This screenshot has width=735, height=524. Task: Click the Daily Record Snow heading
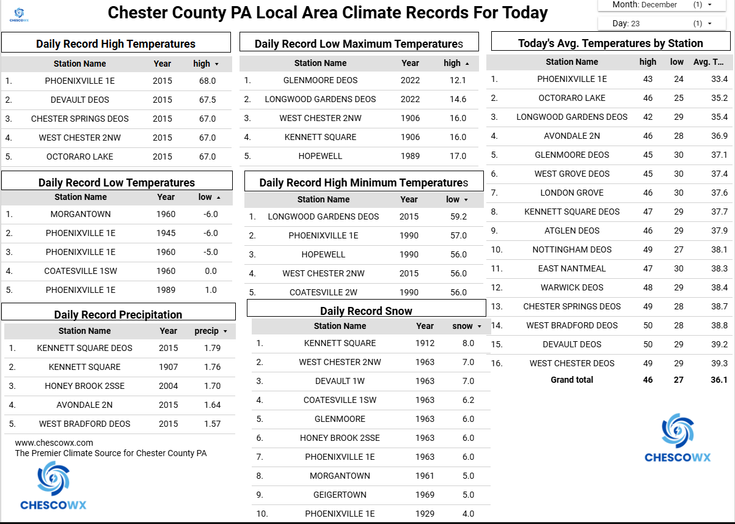(x=366, y=311)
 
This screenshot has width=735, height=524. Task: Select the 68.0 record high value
(x=207, y=81)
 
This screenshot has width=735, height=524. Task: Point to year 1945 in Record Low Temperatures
(x=166, y=233)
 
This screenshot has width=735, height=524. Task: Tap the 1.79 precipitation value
(x=212, y=348)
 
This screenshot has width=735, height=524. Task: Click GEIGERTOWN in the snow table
(x=340, y=495)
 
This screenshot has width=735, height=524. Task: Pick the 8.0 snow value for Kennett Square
(x=468, y=343)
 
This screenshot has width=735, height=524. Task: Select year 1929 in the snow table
(x=425, y=514)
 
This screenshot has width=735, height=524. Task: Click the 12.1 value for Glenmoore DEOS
(x=458, y=80)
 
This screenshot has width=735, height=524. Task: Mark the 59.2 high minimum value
(x=458, y=216)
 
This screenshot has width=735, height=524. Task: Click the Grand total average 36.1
(x=719, y=380)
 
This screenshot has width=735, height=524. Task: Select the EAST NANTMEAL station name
(x=572, y=268)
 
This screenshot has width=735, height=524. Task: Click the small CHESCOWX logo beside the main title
(x=20, y=13)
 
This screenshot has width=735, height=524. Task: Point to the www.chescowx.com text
(x=54, y=443)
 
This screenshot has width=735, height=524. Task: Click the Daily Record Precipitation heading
(x=118, y=314)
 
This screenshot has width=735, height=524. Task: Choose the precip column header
(x=207, y=331)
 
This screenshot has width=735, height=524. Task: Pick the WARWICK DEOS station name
(x=572, y=287)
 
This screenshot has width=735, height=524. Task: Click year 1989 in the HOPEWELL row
(x=410, y=156)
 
